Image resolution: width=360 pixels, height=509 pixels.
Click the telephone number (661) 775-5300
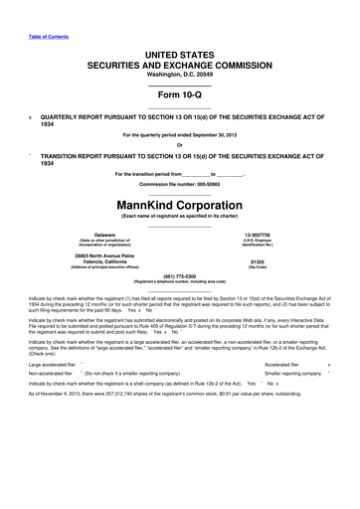pos(179,274)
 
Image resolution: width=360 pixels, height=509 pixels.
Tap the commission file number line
pos(179,185)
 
